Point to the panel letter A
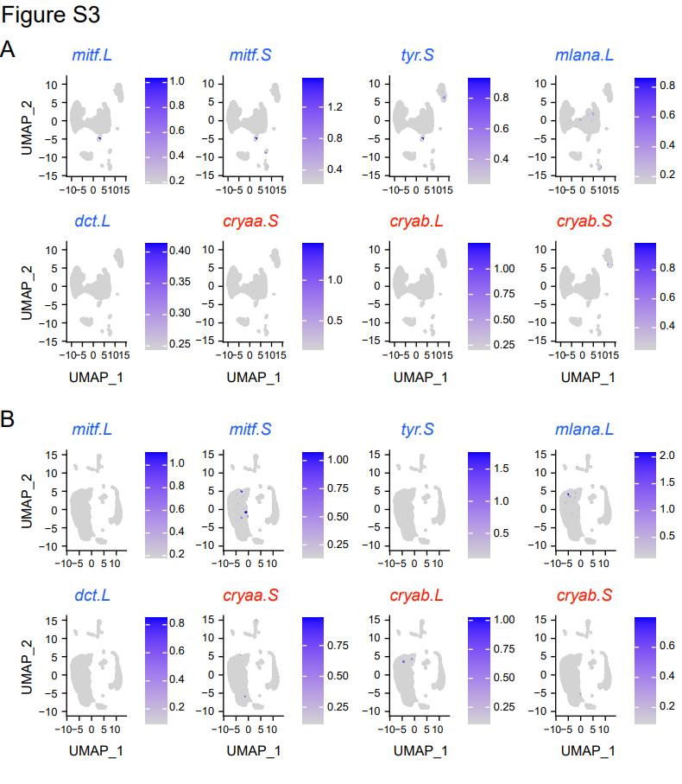pyautogui.click(x=8, y=49)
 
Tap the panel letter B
pyautogui.click(x=8, y=421)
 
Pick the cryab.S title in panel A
pyautogui.click(x=584, y=222)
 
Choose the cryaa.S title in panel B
pyautogui.click(x=250, y=596)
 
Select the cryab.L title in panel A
pyautogui.click(x=417, y=222)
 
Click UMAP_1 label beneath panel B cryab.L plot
pyautogui.click(x=420, y=750)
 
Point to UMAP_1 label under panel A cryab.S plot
pyautogui.click(x=587, y=378)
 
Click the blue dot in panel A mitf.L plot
pyautogui.click(x=99, y=138)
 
